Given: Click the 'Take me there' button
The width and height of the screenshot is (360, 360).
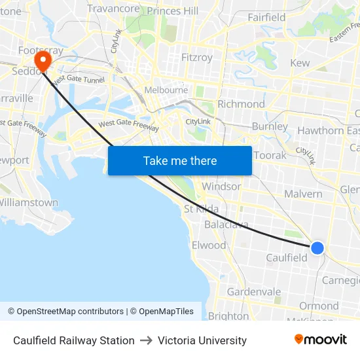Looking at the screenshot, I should point(180,160).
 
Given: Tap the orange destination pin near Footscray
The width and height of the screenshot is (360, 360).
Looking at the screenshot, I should point(43,62).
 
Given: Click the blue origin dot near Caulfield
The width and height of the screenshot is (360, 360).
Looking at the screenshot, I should point(317,247).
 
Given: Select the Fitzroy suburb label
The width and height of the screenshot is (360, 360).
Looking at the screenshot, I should point(196,58).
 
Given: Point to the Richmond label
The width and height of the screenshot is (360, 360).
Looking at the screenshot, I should point(241,104).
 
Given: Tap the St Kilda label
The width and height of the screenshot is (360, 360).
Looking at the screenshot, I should point(202,209).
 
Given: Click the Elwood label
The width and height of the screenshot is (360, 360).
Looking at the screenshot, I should point(208,245).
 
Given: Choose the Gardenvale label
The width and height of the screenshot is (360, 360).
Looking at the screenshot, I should point(253,292).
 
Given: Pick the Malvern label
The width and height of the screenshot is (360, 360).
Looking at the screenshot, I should point(303,194).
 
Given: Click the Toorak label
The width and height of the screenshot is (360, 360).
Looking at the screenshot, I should point(270,156).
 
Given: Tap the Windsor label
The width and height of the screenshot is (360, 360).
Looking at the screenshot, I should point(221,187).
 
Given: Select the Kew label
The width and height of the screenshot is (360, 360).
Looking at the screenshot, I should point(300,63).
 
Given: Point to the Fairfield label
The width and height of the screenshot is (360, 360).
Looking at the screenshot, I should point(266,18).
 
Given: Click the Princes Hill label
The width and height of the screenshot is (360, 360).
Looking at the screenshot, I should point(173,11).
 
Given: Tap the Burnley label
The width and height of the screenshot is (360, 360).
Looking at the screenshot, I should point(269,126).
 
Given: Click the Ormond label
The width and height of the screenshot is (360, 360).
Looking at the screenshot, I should point(319,306).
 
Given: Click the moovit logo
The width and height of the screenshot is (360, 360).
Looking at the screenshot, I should point(321,340).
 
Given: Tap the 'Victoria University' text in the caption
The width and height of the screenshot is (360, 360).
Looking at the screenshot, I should point(202,340).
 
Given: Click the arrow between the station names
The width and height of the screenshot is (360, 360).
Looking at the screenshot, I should point(146,340).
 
